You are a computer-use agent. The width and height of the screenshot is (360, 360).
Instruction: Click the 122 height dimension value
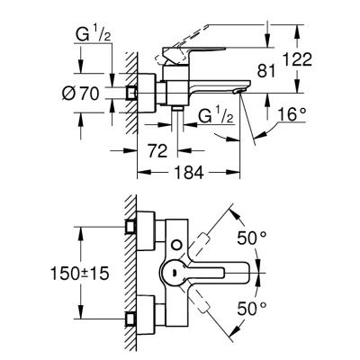click(x=298, y=59)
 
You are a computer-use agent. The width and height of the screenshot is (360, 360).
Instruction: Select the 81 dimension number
click(x=266, y=72)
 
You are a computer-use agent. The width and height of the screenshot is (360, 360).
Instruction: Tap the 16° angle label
click(x=292, y=114)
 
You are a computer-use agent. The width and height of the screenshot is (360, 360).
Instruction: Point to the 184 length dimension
click(x=189, y=173)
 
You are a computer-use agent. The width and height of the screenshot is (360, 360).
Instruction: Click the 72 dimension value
click(x=157, y=151)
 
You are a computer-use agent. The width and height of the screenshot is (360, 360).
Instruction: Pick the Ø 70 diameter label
click(x=80, y=94)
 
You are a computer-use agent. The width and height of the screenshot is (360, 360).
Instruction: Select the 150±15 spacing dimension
click(x=79, y=274)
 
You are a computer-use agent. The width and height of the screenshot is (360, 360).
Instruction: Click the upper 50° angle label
click(x=251, y=238)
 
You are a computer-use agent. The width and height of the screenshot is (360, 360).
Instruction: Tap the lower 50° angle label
click(x=251, y=308)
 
